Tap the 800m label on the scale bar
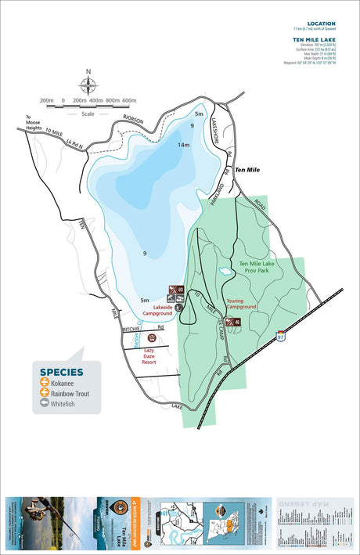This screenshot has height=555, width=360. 113,101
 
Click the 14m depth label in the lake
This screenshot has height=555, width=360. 184,145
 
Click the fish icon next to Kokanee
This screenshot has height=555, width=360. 45,383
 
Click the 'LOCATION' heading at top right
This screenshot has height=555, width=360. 322,23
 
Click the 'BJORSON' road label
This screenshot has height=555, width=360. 135,119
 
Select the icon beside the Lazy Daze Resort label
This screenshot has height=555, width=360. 149,337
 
